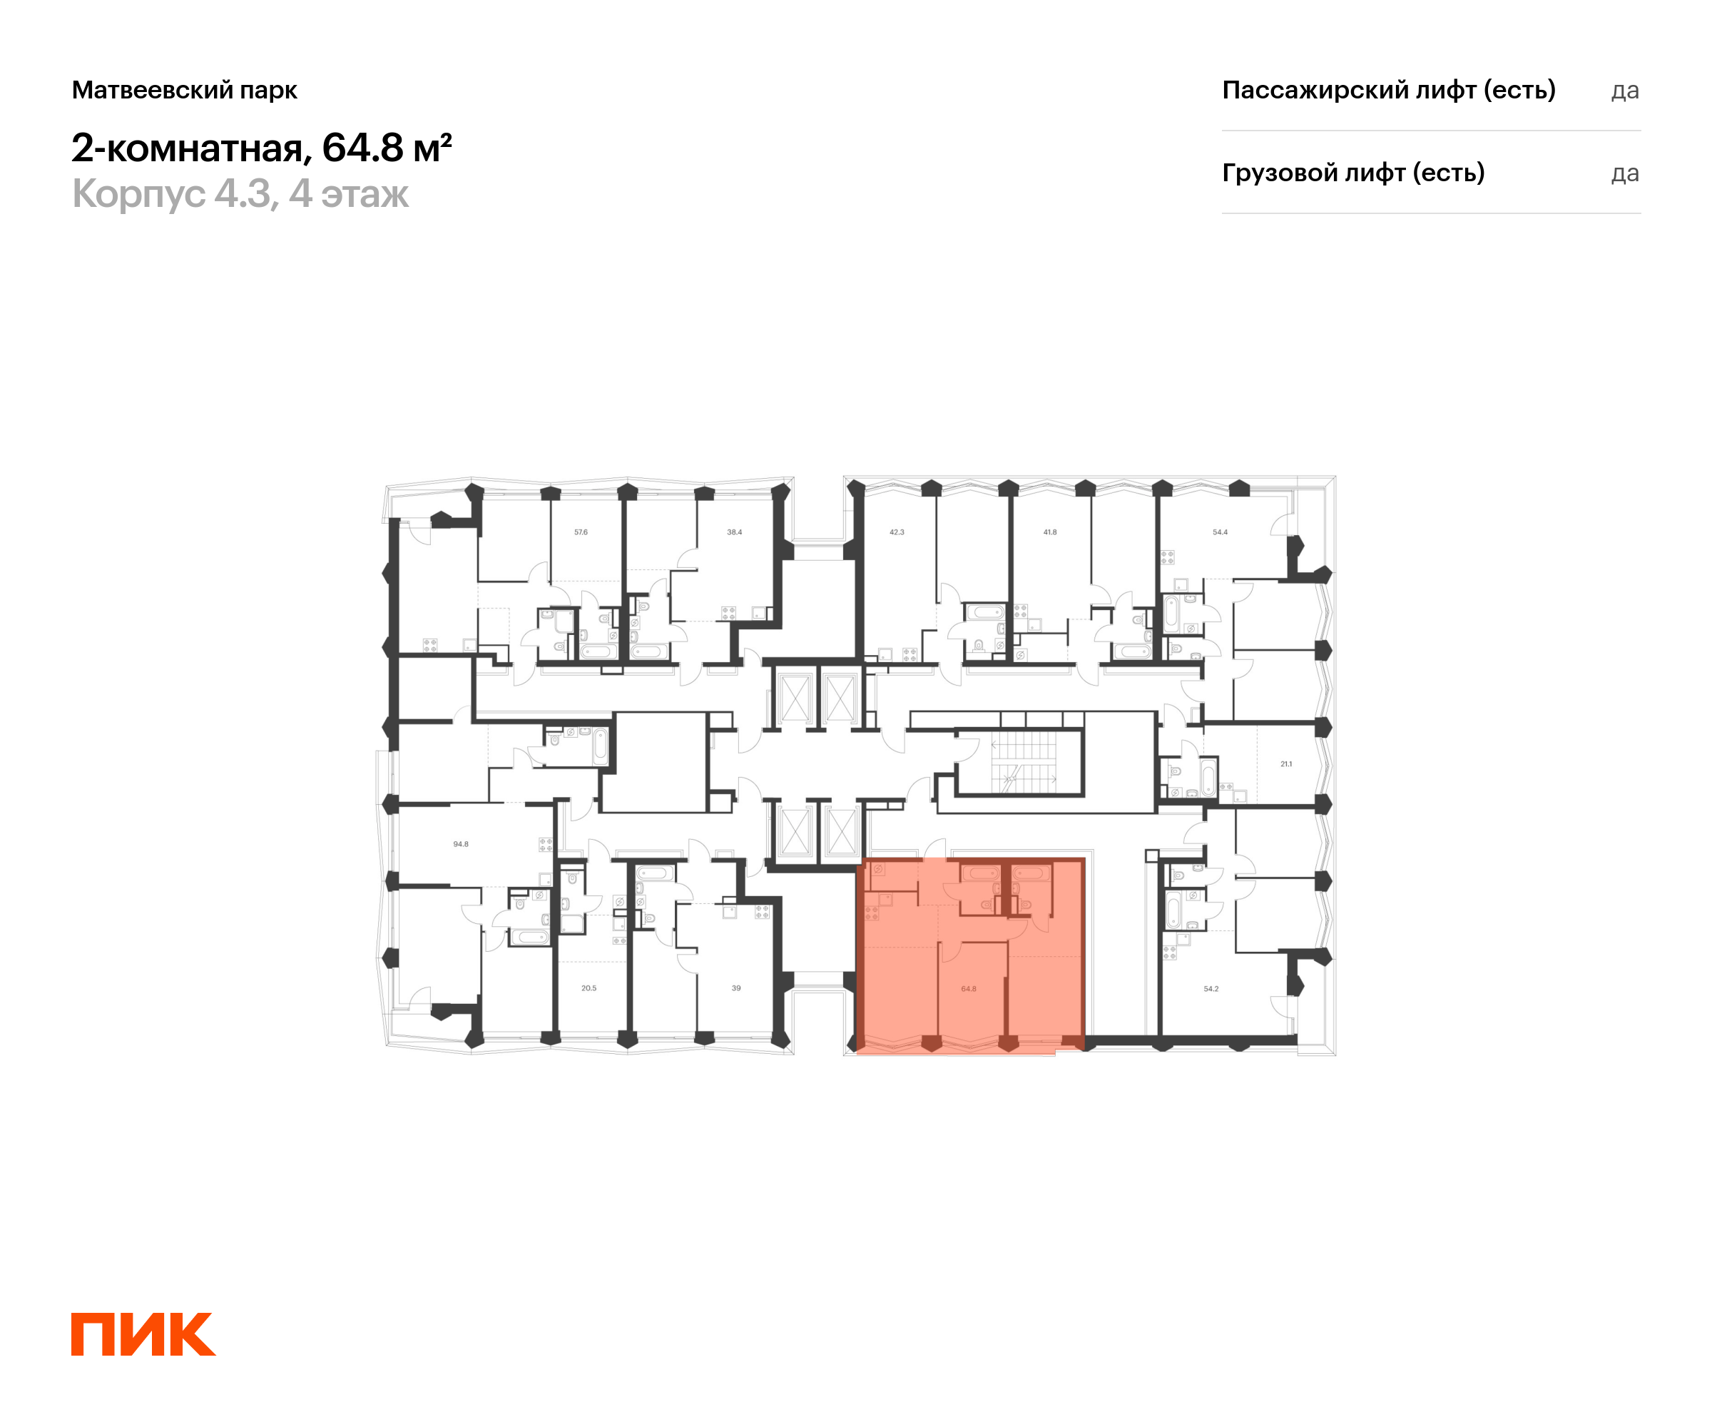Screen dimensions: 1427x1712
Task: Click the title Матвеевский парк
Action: [x=184, y=90]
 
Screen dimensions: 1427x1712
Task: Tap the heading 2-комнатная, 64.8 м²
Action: [x=261, y=148]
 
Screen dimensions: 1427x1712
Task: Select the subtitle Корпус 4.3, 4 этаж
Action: [x=240, y=194]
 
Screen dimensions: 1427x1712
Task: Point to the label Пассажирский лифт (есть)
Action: [x=1388, y=90]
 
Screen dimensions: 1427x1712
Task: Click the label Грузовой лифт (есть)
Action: [x=1352, y=173]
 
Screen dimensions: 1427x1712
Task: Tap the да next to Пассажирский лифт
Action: [x=1624, y=91]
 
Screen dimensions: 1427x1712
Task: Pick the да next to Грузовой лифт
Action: [x=1624, y=173]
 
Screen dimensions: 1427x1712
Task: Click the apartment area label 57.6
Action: [x=581, y=532]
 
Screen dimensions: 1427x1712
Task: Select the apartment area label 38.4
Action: [x=735, y=532]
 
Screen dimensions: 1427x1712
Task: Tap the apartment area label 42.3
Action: [x=897, y=532]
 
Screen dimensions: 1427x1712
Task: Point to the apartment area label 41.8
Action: [x=1050, y=532]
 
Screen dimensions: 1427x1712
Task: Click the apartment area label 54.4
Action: [x=1220, y=532]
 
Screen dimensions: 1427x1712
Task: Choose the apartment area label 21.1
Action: [x=1285, y=764]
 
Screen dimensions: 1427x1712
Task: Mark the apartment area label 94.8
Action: [x=461, y=845]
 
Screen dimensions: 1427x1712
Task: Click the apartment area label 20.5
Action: [x=588, y=988]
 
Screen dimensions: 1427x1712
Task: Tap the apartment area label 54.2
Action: [x=1211, y=989]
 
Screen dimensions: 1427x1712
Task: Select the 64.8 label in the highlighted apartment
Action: [x=969, y=989]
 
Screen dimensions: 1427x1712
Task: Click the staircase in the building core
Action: [x=1023, y=763]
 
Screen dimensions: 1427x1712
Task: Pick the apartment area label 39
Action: [x=736, y=988]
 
